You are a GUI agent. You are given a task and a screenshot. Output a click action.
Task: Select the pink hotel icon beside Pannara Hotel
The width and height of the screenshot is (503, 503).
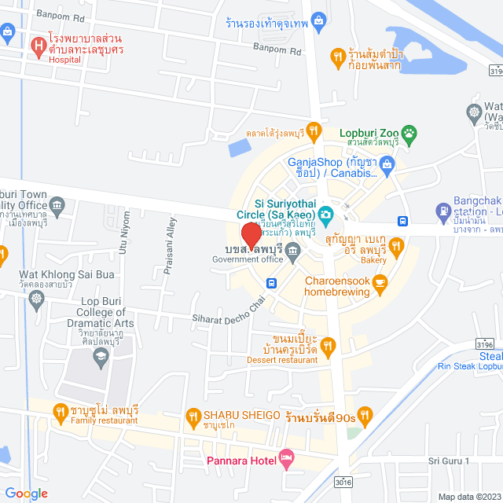click(286, 457)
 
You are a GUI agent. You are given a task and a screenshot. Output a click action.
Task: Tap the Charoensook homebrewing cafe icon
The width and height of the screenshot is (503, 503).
click(380, 283)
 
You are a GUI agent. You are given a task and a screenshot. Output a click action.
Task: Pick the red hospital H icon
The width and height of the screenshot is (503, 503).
click(37, 47)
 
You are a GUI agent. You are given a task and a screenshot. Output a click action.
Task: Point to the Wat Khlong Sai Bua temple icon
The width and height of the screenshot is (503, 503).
click(37, 299)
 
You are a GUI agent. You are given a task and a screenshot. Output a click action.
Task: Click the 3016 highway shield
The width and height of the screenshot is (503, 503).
click(343, 482)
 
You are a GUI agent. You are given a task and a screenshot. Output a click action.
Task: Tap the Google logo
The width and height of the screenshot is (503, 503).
click(26, 493)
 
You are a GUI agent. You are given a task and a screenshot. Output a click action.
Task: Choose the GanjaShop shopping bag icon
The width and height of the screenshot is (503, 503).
click(387, 165)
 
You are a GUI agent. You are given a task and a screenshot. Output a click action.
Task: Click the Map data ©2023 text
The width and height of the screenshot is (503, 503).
click(468, 496)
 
